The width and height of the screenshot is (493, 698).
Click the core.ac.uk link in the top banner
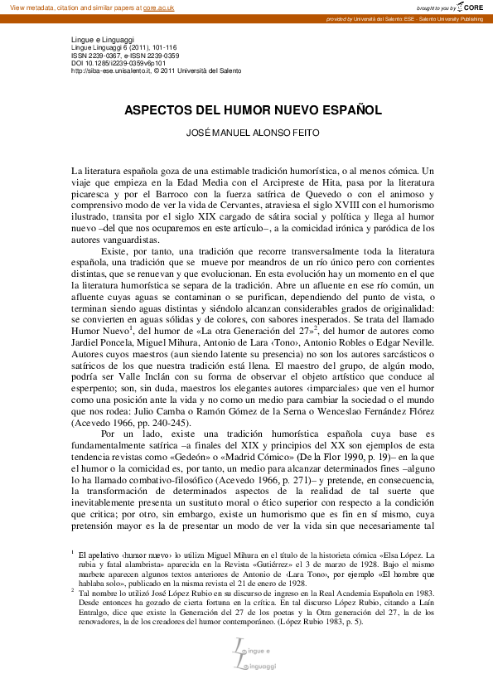point(159,7)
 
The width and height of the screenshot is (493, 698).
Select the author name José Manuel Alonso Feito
point(246,133)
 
